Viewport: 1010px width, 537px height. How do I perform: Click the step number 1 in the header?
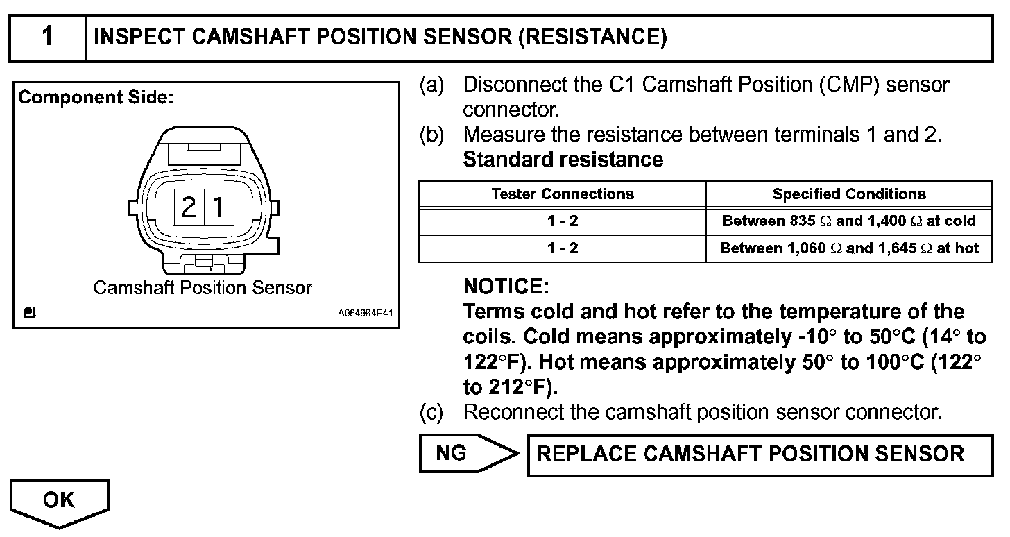coord(47,37)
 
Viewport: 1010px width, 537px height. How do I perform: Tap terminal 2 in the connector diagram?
coord(188,207)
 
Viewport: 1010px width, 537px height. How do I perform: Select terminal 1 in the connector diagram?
coord(218,207)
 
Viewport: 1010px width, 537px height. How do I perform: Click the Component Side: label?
coord(96,98)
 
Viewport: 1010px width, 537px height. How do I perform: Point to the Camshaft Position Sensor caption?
coord(203,287)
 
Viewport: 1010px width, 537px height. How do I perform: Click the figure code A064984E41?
coord(365,314)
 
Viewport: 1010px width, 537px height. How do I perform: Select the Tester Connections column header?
coord(562,194)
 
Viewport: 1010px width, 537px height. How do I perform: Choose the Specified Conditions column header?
coord(849,194)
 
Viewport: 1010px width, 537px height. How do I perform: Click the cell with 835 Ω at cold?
coord(849,221)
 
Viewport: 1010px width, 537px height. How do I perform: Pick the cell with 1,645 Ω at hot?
coord(849,248)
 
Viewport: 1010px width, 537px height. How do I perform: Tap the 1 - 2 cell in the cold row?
coord(562,221)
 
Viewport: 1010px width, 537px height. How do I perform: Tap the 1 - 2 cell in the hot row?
coord(562,248)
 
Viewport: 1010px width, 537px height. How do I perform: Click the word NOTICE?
coord(506,286)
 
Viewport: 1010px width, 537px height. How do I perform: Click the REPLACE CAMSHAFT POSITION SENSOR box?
coord(760,454)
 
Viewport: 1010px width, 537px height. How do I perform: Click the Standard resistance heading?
coord(563,160)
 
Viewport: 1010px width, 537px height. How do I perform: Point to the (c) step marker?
coord(431,412)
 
